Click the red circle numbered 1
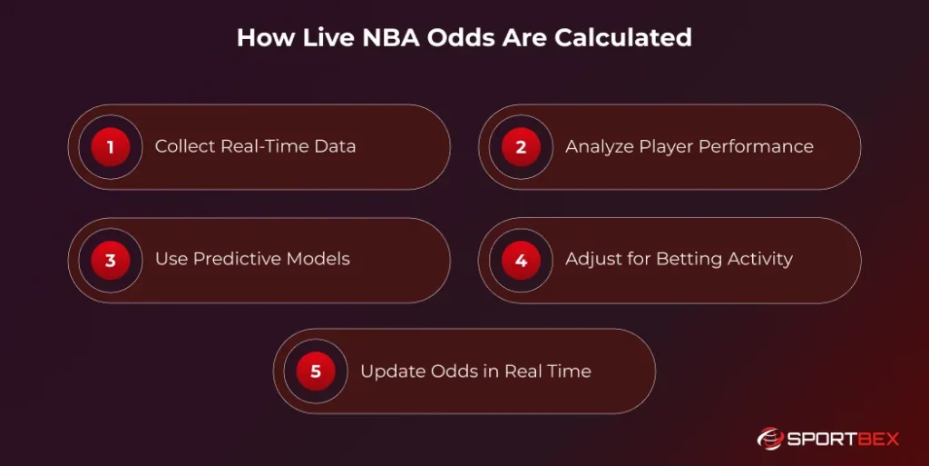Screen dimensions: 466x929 point(110,147)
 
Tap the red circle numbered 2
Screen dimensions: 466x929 point(521,147)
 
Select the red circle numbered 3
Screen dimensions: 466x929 point(110,261)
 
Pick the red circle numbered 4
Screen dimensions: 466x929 point(521,261)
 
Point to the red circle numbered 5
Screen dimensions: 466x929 point(316,372)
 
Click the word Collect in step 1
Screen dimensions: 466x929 point(184,146)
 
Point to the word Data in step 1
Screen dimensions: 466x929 point(336,146)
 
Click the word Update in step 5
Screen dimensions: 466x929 point(389,372)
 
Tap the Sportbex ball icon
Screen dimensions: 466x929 point(769,439)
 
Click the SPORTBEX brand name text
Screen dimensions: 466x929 point(843,439)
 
